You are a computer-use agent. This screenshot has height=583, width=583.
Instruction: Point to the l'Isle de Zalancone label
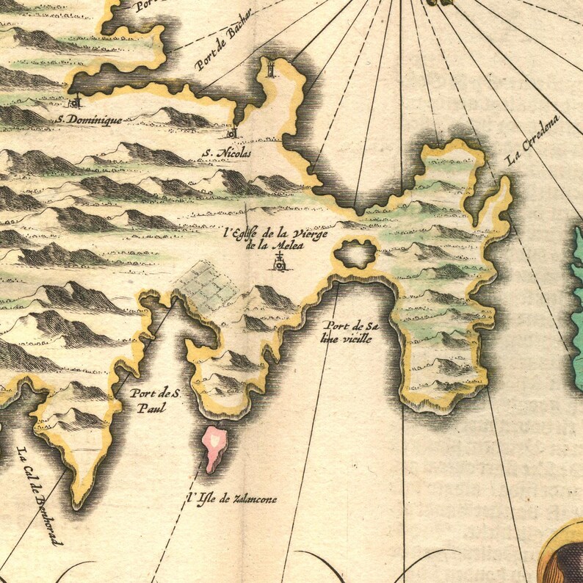(x=231, y=499)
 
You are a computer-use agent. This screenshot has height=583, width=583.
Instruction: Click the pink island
(x=214, y=447)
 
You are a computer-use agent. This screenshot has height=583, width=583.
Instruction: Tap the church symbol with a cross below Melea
(x=279, y=262)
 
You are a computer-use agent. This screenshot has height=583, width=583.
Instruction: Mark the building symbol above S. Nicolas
(x=231, y=133)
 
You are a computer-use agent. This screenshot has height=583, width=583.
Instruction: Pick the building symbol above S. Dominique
(x=76, y=101)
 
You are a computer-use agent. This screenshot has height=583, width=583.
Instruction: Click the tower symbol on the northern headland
(x=272, y=70)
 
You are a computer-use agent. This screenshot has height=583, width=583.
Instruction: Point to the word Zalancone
(x=253, y=499)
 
